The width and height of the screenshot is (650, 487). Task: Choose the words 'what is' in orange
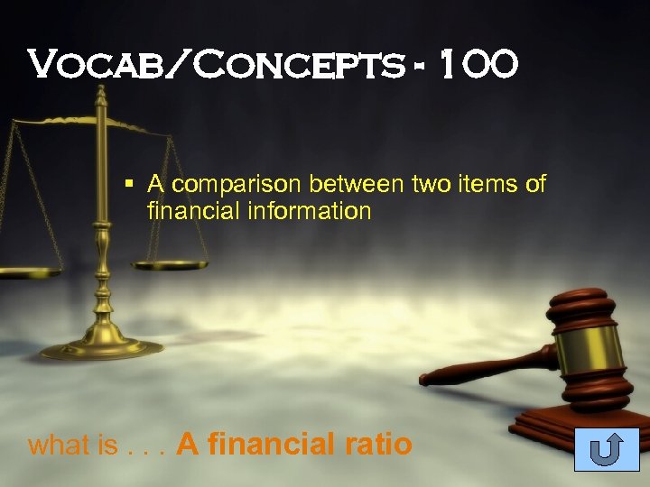(60, 445)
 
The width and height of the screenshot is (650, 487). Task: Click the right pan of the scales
(170, 264)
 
